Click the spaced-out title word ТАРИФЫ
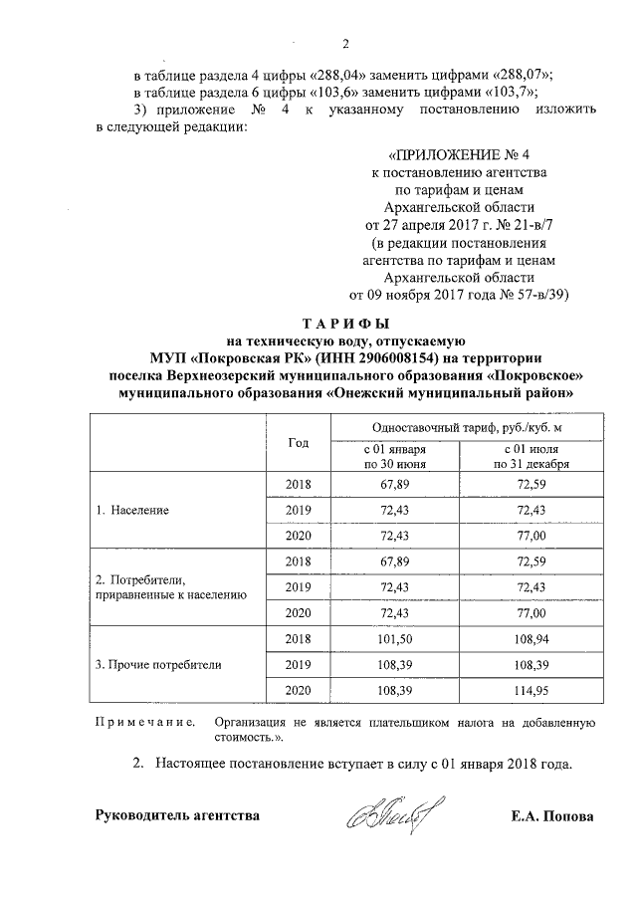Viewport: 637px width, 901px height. pyautogui.click(x=345, y=324)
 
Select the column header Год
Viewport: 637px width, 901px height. pyautogui.click(x=298, y=442)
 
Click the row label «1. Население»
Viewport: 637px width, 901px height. pyautogui.click(x=131, y=510)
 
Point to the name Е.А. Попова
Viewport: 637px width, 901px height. pyautogui.click(x=551, y=816)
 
